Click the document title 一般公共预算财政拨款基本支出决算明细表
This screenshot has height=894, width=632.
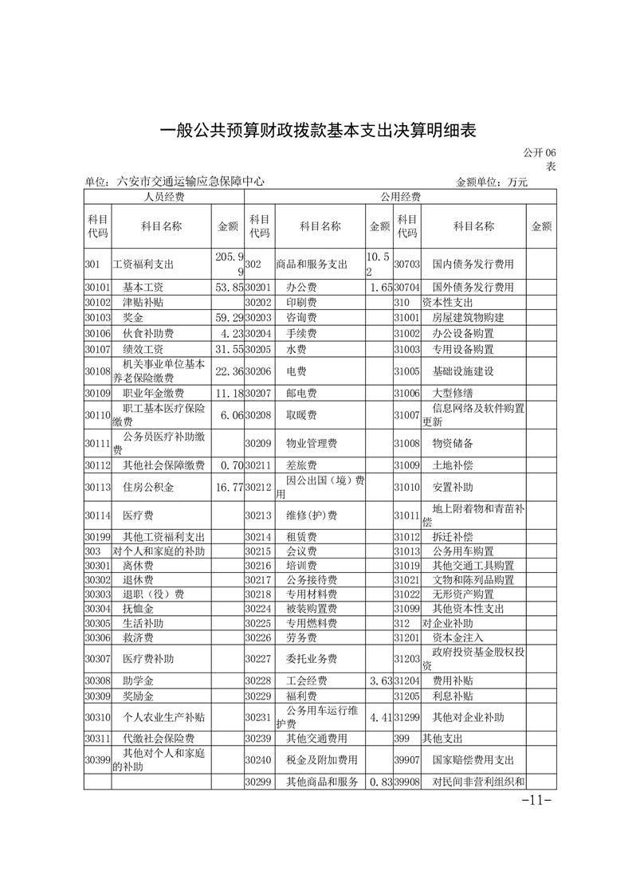point(317,130)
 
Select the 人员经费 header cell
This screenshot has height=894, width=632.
point(163,197)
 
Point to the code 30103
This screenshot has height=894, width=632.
point(96,318)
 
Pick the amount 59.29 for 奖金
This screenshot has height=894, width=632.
point(227,318)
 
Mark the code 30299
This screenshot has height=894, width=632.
point(258,782)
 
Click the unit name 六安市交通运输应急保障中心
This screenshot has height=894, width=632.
point(191,182)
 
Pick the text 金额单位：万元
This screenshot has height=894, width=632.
point(491,182)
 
